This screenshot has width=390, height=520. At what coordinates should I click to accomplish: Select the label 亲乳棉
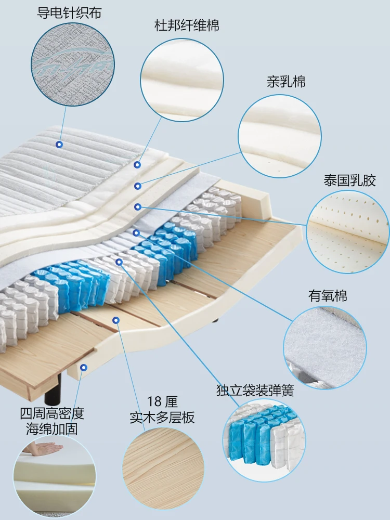click(286, 82)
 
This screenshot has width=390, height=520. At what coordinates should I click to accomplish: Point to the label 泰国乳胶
click(349, 181)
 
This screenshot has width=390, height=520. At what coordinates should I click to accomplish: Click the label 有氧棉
click(328, 296)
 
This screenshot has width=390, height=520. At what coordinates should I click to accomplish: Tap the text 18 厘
click(162, 401)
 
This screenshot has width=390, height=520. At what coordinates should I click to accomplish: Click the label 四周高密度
click(52, 414)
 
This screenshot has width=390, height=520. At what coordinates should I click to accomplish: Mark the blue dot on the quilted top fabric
click(59, 144)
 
